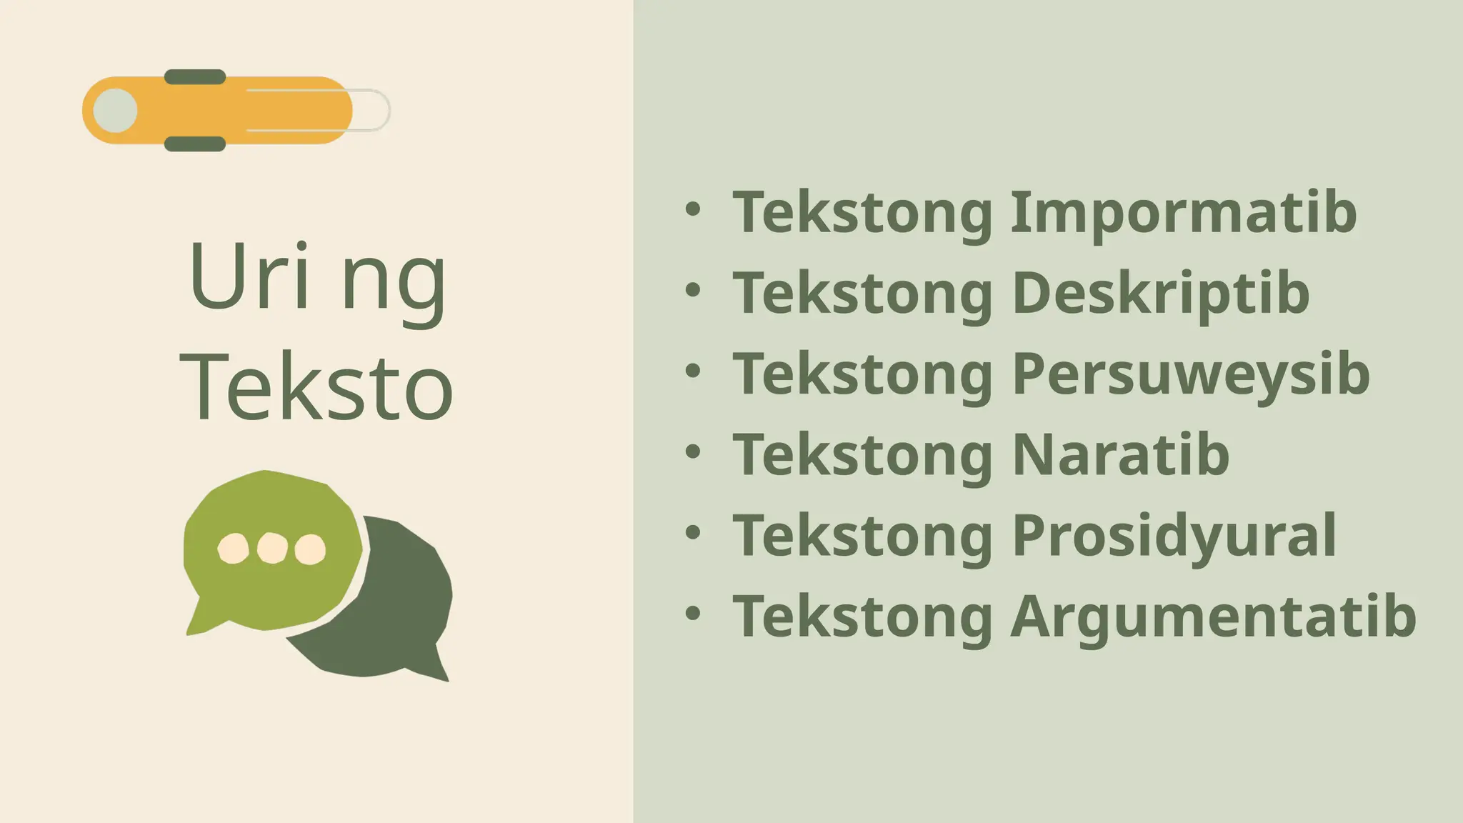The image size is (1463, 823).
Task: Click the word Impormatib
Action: point(1183,212)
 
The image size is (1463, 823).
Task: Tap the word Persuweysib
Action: point(1191,374)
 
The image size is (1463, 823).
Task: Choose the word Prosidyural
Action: point(1174,535)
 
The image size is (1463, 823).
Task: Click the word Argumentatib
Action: point(1213,616)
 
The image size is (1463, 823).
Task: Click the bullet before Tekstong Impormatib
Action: point(692,209)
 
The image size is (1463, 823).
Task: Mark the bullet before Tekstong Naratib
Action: point(692,452)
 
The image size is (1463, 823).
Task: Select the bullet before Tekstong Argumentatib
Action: point(692,613)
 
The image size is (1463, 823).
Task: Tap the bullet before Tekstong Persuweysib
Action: point(692,371)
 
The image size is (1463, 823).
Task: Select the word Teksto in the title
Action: point(316,386)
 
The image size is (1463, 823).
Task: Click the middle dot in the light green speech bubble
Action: point(272,548)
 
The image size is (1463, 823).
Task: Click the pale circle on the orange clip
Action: point(115,111)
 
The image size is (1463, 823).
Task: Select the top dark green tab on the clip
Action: point(195,77)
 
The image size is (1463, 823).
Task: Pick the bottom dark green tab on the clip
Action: point(195,144)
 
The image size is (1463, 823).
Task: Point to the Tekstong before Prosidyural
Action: point(863,535)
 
